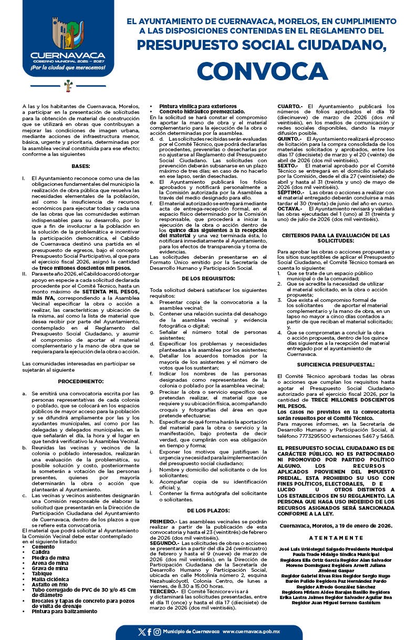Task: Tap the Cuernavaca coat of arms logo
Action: pos(67,33)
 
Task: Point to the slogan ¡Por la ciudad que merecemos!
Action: pos(68,68)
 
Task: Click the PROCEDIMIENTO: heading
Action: pos(80,381)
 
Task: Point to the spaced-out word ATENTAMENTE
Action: pos(336,538)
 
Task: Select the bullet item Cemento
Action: pos(43,547)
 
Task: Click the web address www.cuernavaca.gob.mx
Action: pos(252,632)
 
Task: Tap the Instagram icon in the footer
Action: pos(157,632)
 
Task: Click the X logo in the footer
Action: pos(141,632)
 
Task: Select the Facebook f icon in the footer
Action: pos(149,632)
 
